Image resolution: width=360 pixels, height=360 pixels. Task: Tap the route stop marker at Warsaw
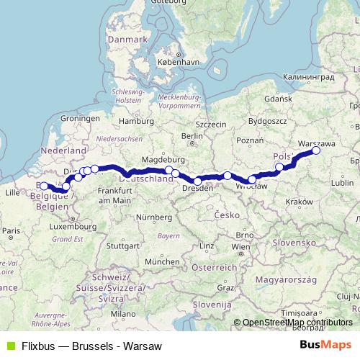coord(315,150)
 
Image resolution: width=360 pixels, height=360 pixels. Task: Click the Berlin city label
coord(192,135)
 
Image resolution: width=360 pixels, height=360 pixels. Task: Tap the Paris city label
coord(9,230)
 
